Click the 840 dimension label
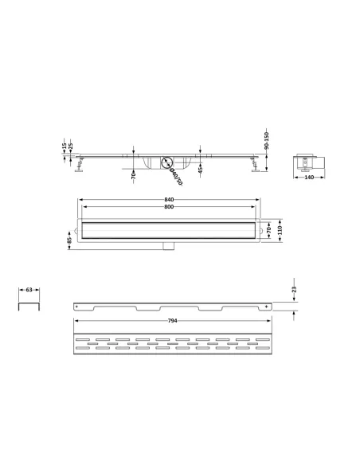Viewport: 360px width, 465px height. [x=169, y=200]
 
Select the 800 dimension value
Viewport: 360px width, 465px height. [x=169, y=207]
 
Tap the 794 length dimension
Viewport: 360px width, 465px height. [x=172, y=321]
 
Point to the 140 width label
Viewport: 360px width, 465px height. [x=309, y=178]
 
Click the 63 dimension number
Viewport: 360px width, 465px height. [x=29, y=290]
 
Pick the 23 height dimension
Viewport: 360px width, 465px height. [x=294, y=290]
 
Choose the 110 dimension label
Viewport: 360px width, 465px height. [x=280, y=230]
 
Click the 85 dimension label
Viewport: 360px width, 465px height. [x=69, y=240]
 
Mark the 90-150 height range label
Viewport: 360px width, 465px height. [x=266, y=140]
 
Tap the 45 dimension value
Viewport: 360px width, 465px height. [x=200, y=170]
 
